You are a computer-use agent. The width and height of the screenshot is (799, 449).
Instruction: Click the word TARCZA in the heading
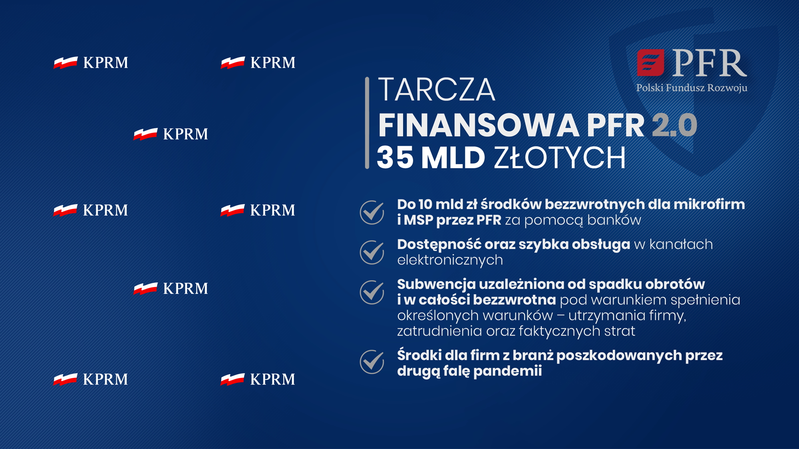point(437,90)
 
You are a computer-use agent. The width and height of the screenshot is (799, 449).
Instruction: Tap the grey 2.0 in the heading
point(675,126)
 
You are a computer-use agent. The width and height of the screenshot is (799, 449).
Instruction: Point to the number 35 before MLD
point(395,158)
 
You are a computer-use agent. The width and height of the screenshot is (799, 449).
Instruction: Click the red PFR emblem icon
point(650,63)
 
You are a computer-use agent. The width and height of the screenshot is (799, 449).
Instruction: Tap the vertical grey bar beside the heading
point(367,123)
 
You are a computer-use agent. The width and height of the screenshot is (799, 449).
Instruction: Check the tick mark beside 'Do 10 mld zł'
point(372,212)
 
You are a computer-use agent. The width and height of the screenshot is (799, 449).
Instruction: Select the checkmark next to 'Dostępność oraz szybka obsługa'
point(372,252)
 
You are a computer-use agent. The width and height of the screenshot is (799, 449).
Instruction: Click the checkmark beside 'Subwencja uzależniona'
point(372,292)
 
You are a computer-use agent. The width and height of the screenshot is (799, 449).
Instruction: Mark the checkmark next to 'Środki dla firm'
point(372,362)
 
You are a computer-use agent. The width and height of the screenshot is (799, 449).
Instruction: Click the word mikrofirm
point(709,204)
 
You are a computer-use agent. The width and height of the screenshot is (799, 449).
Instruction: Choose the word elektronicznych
point(450,260)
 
